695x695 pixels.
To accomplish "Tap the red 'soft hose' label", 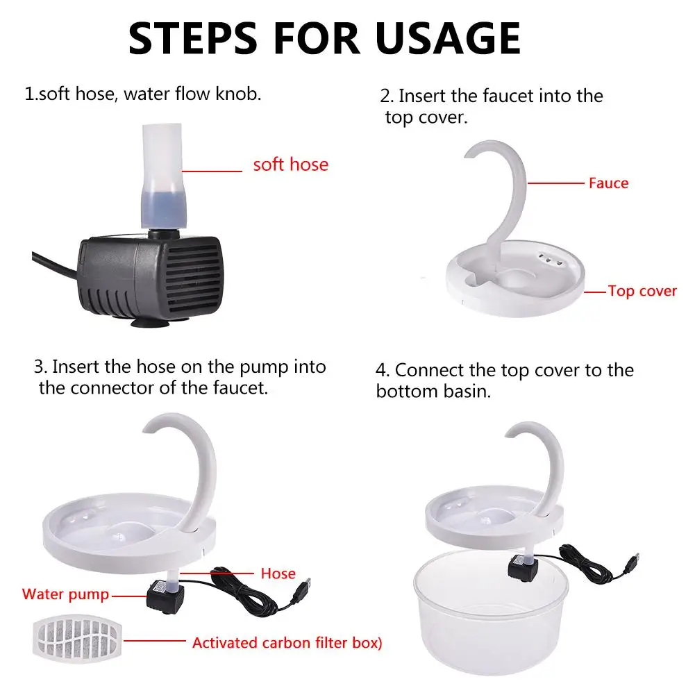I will [x=290, y=165].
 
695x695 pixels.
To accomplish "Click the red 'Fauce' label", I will [x=608, y=183].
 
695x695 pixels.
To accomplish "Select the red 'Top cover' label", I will [x=642, y=291].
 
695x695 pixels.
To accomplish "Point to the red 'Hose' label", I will [x=278, y=573].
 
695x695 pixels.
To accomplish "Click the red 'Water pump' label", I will [x=65, y=594].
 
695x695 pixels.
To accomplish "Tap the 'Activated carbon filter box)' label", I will [x=287, y=642].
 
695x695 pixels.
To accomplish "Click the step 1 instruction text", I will [x=143, y=94].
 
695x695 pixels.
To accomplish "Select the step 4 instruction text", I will [x=504, y=380].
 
